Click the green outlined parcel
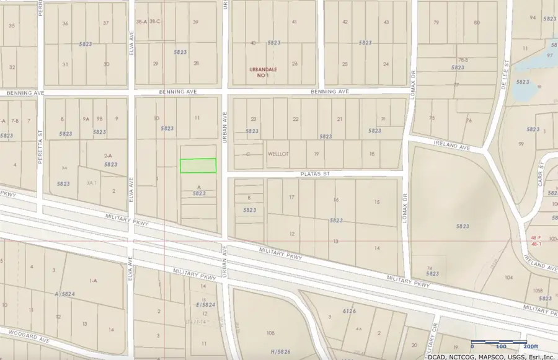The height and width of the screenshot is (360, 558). point(198,165)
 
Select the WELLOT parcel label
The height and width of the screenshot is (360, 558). point(278,153)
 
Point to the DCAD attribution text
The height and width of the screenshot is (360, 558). point(437,356)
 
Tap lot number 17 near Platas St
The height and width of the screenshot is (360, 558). point(291,198)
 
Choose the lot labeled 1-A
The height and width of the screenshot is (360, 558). point(93,281)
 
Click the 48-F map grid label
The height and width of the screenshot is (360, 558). point(536,237)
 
